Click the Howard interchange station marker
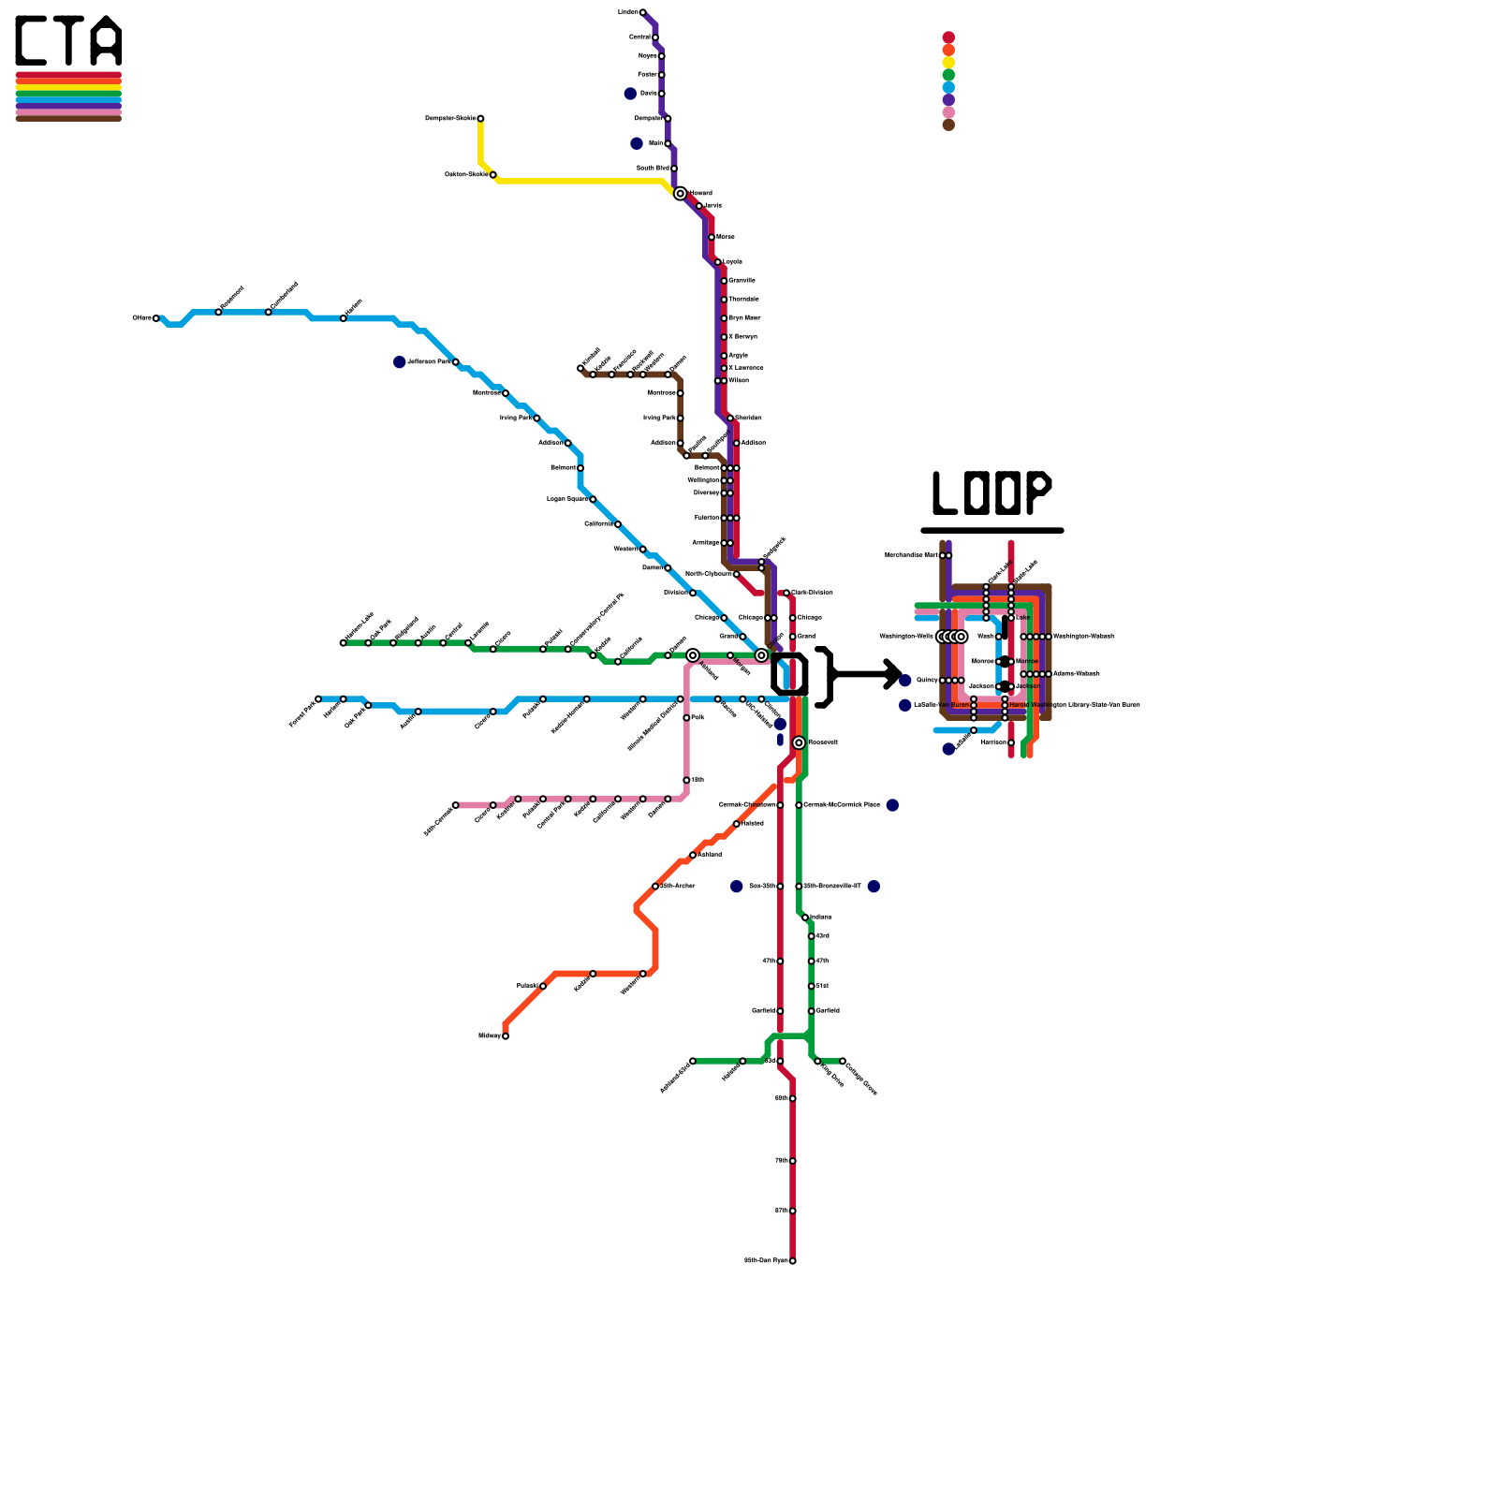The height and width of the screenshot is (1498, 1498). pyautogui.click(x=680, y=193)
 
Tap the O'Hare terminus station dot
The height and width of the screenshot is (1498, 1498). pyautogui.click(x=156, y=318)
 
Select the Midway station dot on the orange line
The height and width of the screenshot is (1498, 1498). pyautogui.click(x=506, y=1035)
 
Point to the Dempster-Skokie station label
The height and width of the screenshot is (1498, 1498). pyautogui.click(x=450, y=118)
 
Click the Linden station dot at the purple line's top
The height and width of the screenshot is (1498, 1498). pyautogui.click(x=642, y=12)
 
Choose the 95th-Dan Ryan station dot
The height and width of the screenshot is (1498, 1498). pyautogui.click(x=792, y=1260)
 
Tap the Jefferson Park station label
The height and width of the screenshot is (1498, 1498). pyautogui.click(x=430, y=361)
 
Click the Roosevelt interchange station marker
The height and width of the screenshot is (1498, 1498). pyautogui.click(x=799, y=742)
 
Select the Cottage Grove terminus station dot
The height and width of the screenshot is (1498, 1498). pyautogui.click(x=843, y=1061)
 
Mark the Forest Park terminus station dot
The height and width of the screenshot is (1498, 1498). pyautogui.click(x=318, y=698)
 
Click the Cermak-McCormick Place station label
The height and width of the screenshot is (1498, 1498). pyautogui.click(x=842, y=805)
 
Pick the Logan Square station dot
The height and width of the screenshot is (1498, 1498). pyautogui.click(x=593, y=499)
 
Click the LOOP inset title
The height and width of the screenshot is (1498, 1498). pyautogui.click(x=991, y=493)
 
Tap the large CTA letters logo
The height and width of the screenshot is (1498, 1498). pyautogui.click(x=68, y=41)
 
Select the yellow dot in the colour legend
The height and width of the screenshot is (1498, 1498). pyautogui.click(x=948, y=63)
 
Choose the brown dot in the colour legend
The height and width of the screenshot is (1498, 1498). pyautogui.click(x=948, y=125)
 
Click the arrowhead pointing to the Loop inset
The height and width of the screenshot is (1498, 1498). pyautogui.click(x=894, y=673)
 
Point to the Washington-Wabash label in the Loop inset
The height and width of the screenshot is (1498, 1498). pyautogui.click(x=1083, y=637)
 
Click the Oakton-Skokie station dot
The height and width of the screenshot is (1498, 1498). pyautogui.click(x=493, y=174)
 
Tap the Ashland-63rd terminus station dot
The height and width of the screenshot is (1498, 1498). pyautogui.click(x=693, y=1061)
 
